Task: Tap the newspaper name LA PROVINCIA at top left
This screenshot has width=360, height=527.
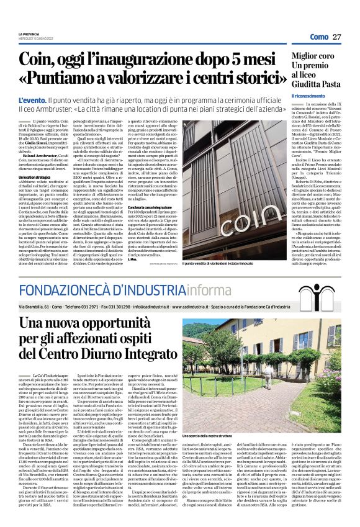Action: (30, 34)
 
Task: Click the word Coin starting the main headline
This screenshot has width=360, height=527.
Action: (37, 60)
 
